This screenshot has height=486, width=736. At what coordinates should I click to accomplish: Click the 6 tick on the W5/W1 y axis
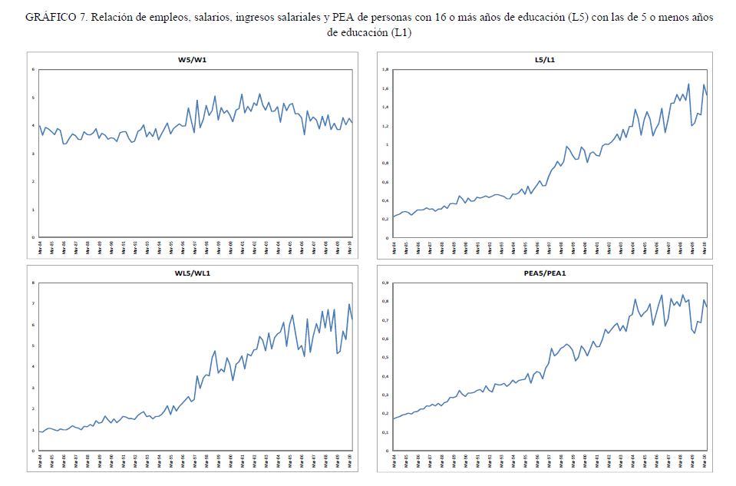click(33, 70)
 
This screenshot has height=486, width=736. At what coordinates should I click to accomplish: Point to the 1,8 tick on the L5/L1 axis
click(385, 70)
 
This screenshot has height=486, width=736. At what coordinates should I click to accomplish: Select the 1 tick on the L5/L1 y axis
click(388, 144)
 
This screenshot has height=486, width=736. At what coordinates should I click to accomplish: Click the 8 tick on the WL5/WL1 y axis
click(33, 283)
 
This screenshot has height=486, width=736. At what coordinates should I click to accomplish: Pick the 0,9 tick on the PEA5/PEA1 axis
click(385, 283)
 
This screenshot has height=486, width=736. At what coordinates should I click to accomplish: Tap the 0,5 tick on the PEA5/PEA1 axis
click(385, 358)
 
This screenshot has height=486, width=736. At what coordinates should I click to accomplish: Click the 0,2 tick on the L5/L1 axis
click(385, 219)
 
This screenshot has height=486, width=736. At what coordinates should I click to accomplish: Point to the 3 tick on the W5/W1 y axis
click(33, 154)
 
